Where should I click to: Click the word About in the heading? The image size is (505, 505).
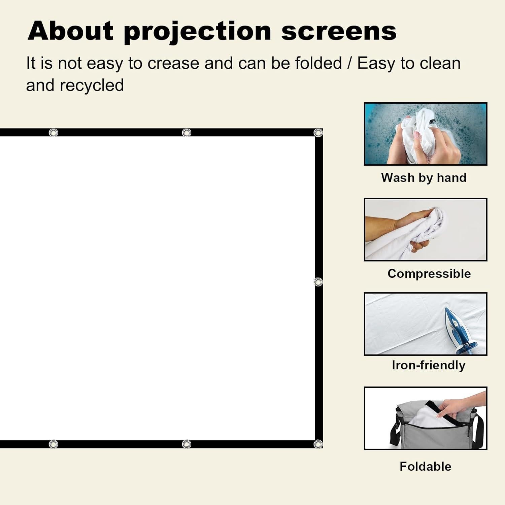pos(71,31)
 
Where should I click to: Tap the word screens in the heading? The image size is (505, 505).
pos(339,32)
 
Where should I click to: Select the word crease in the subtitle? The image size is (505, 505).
pos(173,63)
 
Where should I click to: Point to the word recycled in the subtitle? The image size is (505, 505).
pos(92,85)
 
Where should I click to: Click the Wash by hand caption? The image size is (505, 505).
pos(424,177)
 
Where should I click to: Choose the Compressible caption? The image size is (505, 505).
pos(429,273)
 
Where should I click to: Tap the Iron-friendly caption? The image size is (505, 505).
pos(429,365)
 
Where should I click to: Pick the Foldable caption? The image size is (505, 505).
pos(425,466)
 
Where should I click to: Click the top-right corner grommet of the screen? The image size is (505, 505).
pos(318,133)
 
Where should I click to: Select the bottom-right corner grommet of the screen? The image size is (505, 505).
pos(318,444)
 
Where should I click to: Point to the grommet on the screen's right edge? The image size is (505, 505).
pos(318,281)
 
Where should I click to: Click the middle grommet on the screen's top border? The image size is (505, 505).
pos(187,133)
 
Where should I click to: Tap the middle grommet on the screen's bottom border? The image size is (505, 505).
pos(187,444)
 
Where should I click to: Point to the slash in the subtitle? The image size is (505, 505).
pos(349,63)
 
